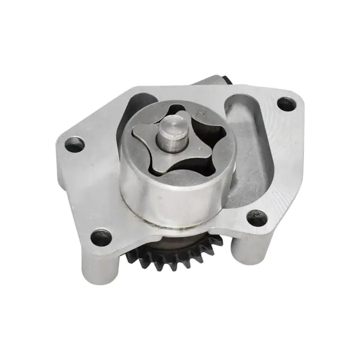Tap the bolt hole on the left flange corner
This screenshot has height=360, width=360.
pos(74,144)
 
